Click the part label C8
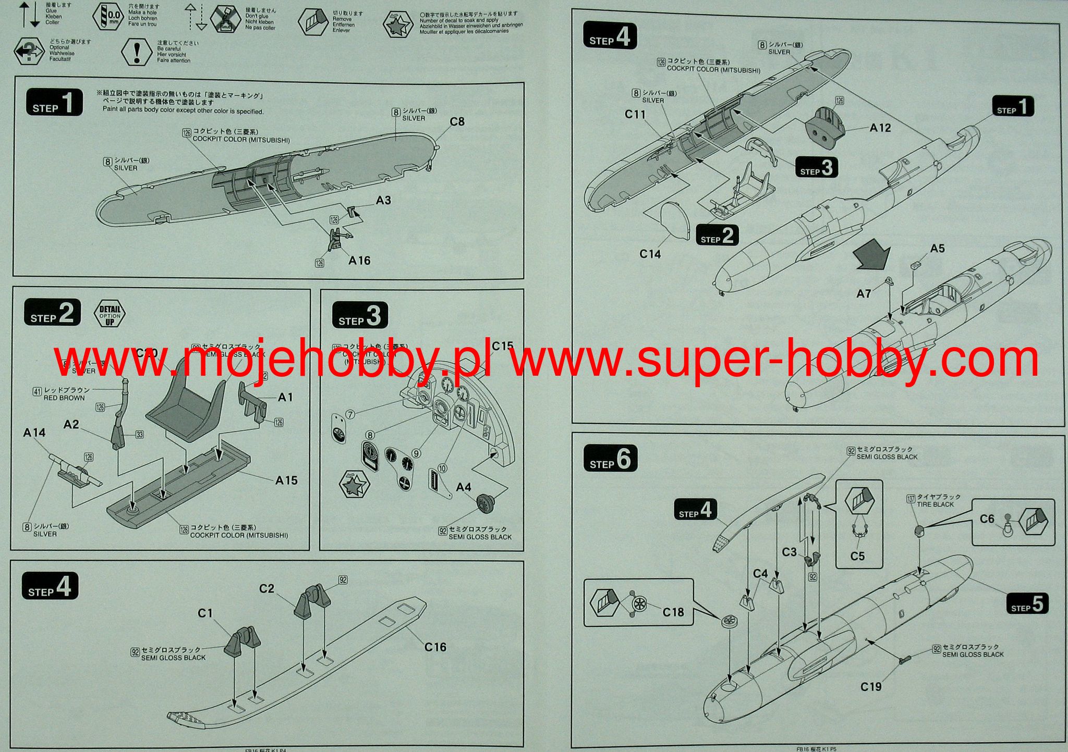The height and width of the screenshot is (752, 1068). click(x=457, y=122)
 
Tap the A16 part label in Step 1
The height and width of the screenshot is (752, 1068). click(x=359, y=261)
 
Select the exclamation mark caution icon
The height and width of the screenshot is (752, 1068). click(x=136, y=52)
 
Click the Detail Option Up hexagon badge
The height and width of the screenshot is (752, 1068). click(x=110, y=314)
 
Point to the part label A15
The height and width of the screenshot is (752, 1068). click(x=286, y=480)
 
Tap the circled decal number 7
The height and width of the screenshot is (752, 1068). click(x=350, y=414)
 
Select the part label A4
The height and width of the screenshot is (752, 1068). click(x=464, y=487)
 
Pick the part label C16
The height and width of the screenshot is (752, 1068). click(x=435, y=647)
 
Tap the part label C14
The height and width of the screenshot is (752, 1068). click(x=650, y=254)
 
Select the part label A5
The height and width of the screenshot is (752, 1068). click(x=937, y=249)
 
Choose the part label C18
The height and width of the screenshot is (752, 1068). click(x=673, y=612)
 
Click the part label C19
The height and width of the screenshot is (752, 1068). click(x=870, y=687)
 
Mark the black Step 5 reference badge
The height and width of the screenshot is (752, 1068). click(x=1027, y=605)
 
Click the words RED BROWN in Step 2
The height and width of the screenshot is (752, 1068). click(x=64, y=398)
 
